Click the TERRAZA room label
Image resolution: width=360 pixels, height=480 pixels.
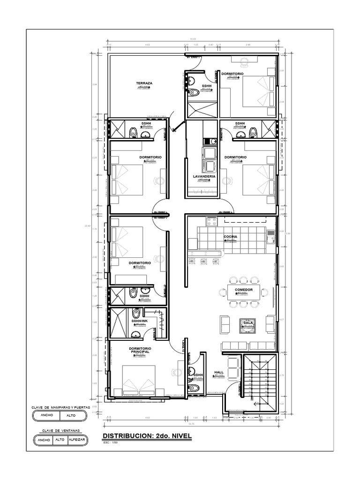click(144, 83)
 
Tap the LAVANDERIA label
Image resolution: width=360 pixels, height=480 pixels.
click(204, 177)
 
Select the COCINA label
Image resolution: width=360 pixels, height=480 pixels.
click(230, 237)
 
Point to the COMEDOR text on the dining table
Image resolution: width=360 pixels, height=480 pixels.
click(244, 290)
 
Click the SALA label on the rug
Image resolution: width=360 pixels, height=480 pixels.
click(248, 323)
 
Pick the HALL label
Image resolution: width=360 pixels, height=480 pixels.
click(219, 372)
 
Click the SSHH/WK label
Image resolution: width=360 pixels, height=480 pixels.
click(140, 321)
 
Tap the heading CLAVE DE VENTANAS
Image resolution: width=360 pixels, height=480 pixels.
click(60, 430)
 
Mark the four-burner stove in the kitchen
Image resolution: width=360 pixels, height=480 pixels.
click(211, 219)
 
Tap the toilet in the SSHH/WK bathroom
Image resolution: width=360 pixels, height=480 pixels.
click(136, 313)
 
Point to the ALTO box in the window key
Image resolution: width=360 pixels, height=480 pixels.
click(59, 440)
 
